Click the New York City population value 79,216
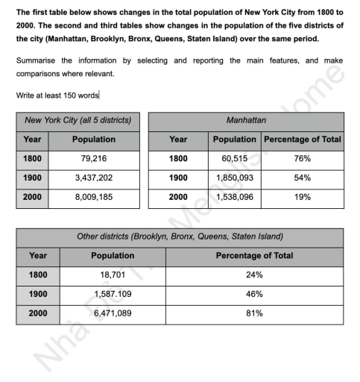point(93,159)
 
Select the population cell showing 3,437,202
point(93,178)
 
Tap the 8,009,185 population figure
point(93,198)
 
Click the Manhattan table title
point(246,119)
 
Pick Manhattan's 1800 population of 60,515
point(234,159)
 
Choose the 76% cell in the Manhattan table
point(302,159)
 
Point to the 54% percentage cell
point(302,178)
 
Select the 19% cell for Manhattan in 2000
point(302,198)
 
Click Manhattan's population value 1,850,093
point(234,178)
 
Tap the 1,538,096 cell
point(234,198)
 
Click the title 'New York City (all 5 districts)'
point(78,119)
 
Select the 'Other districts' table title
point(180,237)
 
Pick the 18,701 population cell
point(112,275)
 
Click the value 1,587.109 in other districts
point(112,295)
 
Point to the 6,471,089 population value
point(112,314)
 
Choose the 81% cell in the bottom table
point(254,314)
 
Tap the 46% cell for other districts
point(254,295)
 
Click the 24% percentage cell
point(254,275)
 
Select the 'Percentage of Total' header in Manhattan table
point(302,139)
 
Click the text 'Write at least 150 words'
point(57,95)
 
